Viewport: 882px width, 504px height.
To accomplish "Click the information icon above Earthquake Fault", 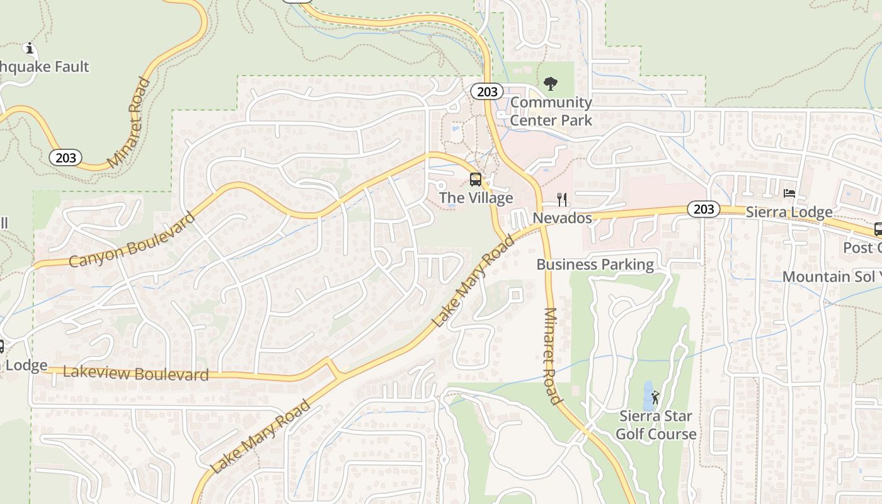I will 28,48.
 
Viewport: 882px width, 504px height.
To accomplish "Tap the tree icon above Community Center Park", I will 551,83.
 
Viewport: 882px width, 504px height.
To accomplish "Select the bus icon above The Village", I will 476,180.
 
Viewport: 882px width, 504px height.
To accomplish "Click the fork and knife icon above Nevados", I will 562,200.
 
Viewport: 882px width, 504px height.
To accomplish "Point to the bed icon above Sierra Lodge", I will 789,193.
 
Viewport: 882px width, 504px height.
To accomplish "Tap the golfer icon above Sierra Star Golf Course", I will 655,398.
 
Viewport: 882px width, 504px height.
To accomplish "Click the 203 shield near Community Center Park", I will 487,92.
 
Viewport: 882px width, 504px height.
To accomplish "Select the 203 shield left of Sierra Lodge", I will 703,209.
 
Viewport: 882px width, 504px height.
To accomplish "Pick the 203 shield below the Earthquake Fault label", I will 66,157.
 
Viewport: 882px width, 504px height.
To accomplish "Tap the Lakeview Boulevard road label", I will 135,373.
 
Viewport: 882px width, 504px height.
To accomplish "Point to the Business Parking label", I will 595,264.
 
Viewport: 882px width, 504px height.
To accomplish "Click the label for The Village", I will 476,198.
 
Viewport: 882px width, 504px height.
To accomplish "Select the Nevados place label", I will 562,218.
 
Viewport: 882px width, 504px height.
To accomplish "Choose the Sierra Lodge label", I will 789,212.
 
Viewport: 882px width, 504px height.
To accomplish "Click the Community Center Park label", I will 551,111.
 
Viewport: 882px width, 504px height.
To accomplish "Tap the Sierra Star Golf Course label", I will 655,425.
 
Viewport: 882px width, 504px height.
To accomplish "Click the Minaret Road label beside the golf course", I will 551,356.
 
